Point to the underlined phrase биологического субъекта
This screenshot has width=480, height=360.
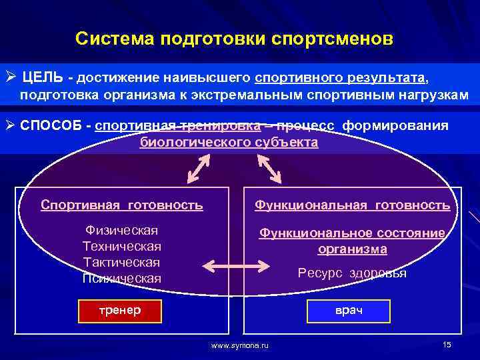click(x=229, y=142)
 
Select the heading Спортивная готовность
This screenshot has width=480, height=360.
click(x=122, y=205)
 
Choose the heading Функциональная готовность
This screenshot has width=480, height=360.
click(x=352, y=205)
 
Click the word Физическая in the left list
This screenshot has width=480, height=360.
click(x=121, y=231)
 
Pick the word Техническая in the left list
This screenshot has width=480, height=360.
click(x=121, y=247)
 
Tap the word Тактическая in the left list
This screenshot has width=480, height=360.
click(x=121, y=262)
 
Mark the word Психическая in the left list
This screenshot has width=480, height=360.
click(x=121, y=278)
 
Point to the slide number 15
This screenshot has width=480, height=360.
click(x=446, y=344)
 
